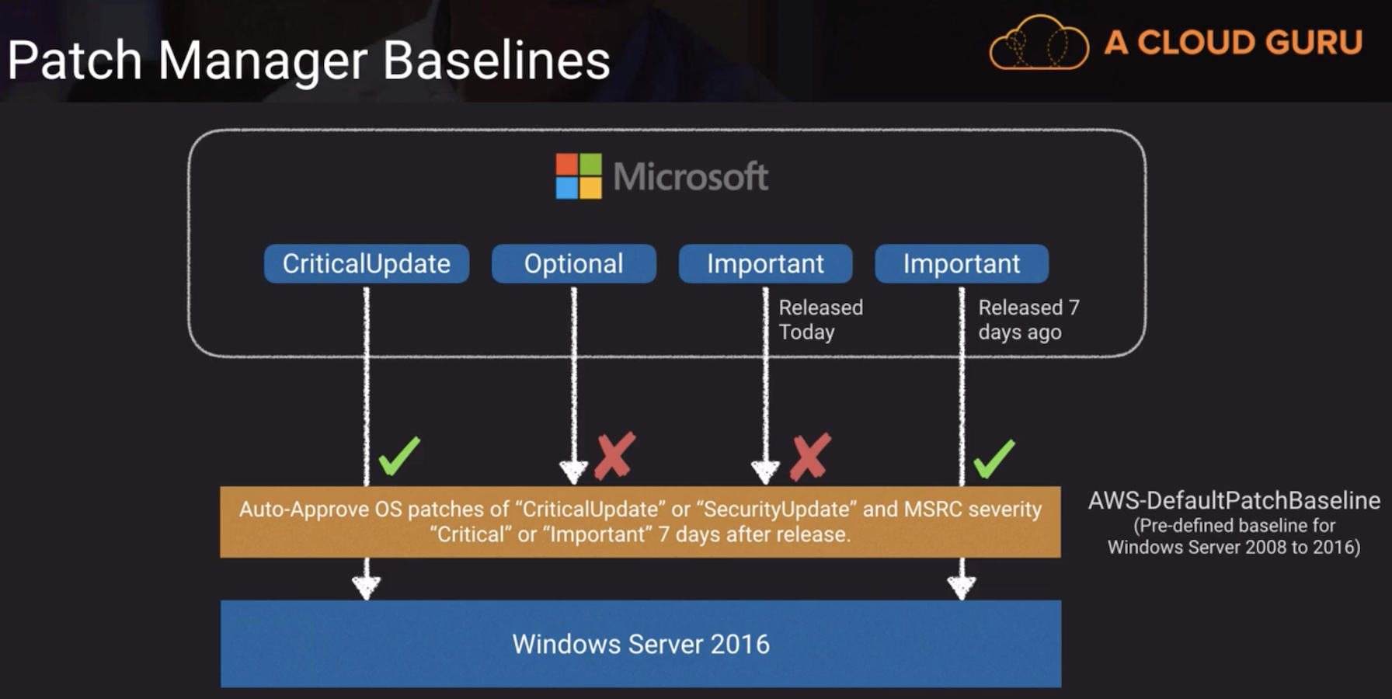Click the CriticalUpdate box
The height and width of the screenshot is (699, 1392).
point(366,264)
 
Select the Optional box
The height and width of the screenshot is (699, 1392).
point(573,264)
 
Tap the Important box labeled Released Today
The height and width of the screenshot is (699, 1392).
point(765,264)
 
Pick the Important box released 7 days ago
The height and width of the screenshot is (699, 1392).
point(961,264)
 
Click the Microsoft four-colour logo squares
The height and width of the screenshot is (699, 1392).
point(579,176)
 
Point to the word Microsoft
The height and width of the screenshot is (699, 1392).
point(691,177)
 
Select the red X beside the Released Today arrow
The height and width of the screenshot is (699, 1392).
point(810,456)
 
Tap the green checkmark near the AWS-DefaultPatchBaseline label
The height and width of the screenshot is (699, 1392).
point(994,458)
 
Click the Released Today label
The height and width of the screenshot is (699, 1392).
point(820,320)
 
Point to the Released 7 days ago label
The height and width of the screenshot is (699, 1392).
point(1028,320)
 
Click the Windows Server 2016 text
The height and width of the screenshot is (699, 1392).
point(641,644)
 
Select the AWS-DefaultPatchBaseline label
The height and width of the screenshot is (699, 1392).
point(1234,500)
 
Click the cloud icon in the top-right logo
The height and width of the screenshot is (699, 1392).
point(1039,44)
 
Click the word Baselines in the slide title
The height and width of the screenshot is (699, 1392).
point(496,61)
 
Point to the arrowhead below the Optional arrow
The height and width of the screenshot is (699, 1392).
point(573,471)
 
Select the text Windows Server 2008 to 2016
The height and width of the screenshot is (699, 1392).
point(1234,548)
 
